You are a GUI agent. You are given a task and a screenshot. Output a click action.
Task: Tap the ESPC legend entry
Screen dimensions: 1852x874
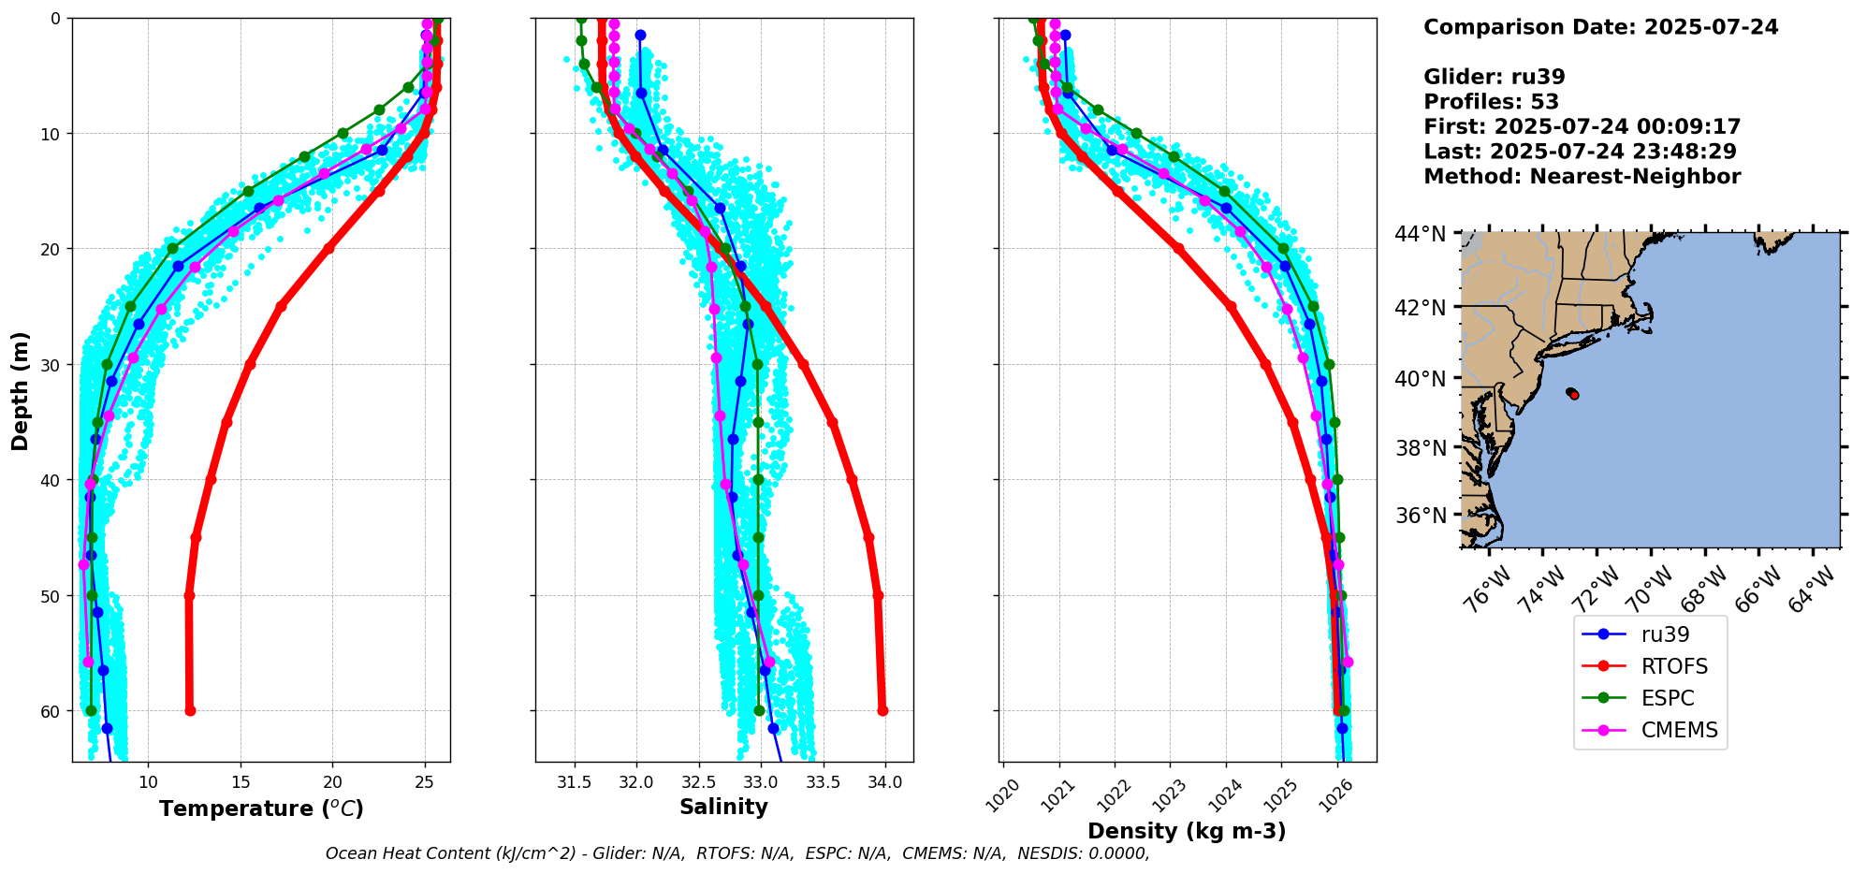[x=1638, y=698]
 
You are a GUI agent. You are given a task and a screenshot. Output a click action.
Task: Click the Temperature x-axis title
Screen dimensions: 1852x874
[x=261, y=808]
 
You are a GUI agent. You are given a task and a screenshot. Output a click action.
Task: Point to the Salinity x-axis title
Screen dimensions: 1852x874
[x=723, y=807]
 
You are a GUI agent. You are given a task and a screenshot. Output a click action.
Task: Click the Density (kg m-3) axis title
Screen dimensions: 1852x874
[x=1187, y=831]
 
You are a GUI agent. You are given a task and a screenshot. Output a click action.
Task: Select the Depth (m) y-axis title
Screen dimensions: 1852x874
[x=20, y=390]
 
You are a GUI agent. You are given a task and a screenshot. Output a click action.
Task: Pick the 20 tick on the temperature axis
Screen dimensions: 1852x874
[x=332, y=781]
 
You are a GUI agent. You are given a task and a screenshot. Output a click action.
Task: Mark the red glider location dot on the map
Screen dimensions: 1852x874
[x=1574, y=395]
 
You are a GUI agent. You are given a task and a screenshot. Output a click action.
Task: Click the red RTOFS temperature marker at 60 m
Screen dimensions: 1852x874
[x=190, y=711]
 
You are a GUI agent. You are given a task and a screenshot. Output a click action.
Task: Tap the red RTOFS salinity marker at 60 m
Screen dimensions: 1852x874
[x=882, y=711]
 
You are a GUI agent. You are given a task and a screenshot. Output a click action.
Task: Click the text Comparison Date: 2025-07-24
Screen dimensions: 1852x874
[x=1601, y=27]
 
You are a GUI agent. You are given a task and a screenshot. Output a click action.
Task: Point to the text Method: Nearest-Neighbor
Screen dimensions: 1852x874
[x=1582, y=177]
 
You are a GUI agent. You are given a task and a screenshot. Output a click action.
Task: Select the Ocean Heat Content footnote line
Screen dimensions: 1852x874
[x=737, y=853]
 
